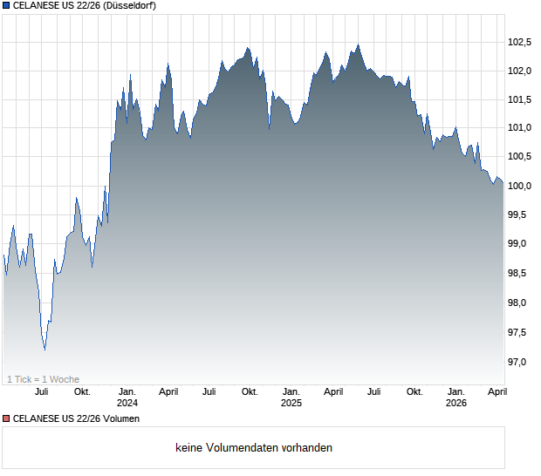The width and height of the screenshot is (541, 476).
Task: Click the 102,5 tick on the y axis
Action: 520,41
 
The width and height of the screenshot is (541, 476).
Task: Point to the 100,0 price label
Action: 520,186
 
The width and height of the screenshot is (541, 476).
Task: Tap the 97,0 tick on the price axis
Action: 520,361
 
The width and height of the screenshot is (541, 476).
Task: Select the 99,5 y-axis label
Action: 520,215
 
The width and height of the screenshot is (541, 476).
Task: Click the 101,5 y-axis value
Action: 520,99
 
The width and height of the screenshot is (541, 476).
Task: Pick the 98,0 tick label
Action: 520,303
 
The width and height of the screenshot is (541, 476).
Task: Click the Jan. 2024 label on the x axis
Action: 127,397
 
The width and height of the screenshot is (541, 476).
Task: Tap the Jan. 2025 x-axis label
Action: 291,397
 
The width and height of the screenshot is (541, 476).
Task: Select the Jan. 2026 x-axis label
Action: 455,397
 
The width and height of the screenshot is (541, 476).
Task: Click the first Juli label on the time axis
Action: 41,391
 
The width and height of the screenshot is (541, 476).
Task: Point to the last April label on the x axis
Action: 496,391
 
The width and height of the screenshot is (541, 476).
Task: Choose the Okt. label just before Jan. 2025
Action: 250,391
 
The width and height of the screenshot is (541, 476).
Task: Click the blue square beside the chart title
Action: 6,6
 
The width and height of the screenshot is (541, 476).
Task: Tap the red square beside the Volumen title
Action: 6,418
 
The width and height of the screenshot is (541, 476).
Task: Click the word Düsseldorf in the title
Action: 128,6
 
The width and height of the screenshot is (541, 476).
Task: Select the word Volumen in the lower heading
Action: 119,418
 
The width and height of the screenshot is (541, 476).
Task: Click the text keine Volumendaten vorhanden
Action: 254,447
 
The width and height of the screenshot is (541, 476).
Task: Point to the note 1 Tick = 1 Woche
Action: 44,378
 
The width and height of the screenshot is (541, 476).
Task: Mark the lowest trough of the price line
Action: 45,350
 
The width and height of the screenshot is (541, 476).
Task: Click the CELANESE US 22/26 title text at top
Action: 52,6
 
